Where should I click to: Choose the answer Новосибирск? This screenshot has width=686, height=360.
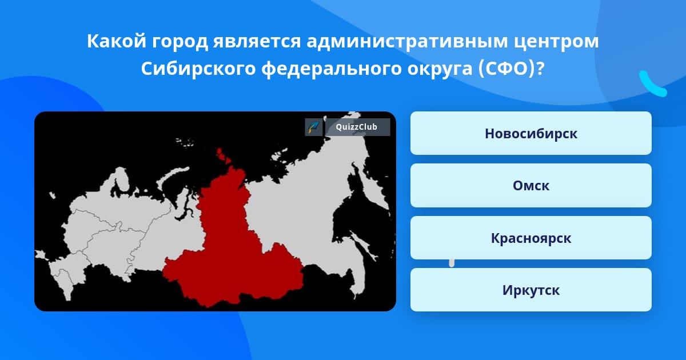pos(531,133)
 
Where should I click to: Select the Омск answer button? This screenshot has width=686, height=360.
pos(531,186)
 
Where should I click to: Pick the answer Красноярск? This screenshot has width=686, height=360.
pos(531,238)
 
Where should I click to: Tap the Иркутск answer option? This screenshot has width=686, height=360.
pos(531,290)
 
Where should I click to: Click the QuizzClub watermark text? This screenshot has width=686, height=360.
pos(357,127)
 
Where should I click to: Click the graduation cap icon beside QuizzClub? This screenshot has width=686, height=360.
pos(314,127)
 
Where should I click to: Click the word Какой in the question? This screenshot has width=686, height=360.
pos(117,41)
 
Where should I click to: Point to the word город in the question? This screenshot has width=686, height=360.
pos(180,42)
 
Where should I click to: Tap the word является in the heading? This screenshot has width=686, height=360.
pos(257,42)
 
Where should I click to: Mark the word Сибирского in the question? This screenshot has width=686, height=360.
pos(198,69)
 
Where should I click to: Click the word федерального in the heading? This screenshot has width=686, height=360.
pos(332,69)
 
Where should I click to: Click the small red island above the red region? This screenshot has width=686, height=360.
pos(223,157)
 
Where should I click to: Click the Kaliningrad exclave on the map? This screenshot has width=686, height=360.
pos(52,195)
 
